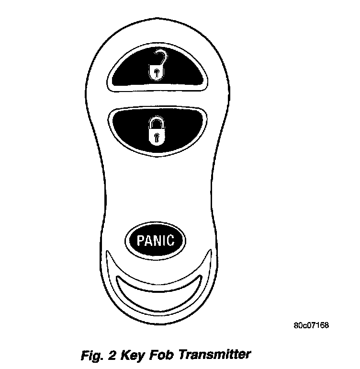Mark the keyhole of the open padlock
[x=156, y=73]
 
